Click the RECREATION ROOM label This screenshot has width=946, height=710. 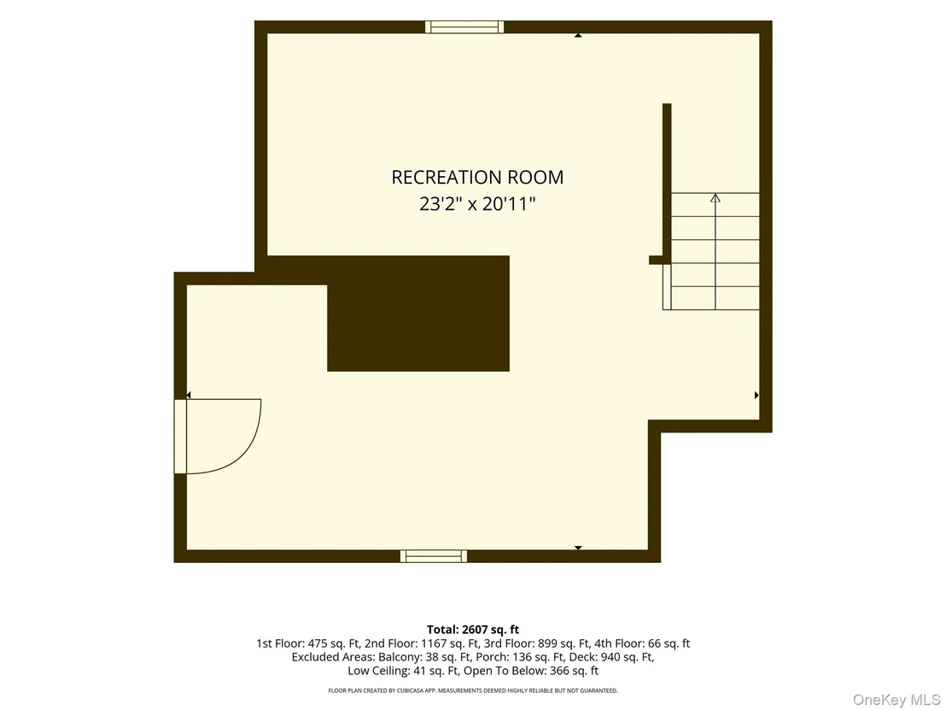pyautogui.click(x=477, y=177)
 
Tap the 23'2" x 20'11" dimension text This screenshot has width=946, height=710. pyautogui.click(x=477, y=204)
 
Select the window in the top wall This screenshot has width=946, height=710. pyautogui.click(x=464, y=26)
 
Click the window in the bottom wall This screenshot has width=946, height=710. pyautogui.click(x=434, y=556)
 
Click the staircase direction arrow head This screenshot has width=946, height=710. pyautogui.click(x=715, y=197)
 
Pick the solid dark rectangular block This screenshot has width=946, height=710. pyautogui.click(x=418, y=314)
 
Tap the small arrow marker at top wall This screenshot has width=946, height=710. pyautogui.click(x=578, y=36)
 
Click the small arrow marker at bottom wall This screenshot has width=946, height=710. pyautogui.click(x=578, y=549)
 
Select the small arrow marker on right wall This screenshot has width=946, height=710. pyautogui.click(x=756, y=396)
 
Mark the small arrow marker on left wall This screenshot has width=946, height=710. pyautogui.click(x=189, y=396)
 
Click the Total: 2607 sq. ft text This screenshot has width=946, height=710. pyautogui.click(x=473, y=630)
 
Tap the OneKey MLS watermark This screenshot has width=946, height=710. pyautogui.click(x=896, y=700)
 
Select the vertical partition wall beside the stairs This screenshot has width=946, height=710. pyautogui.click(x=667, y=180)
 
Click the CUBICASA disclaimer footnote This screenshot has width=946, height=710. pyautogui.click(x=473, y=690)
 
